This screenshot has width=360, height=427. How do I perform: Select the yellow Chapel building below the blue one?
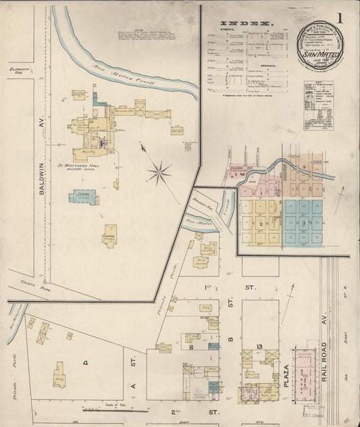pyautogui.click(x=109, y=239)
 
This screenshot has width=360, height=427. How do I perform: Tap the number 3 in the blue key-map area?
pyautogui.click(x=305, y=222)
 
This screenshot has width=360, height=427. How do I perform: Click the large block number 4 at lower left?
pyautogui.click(x=85, y=363)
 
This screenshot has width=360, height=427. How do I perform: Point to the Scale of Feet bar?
pyautogui.click(x=115, y=408)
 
